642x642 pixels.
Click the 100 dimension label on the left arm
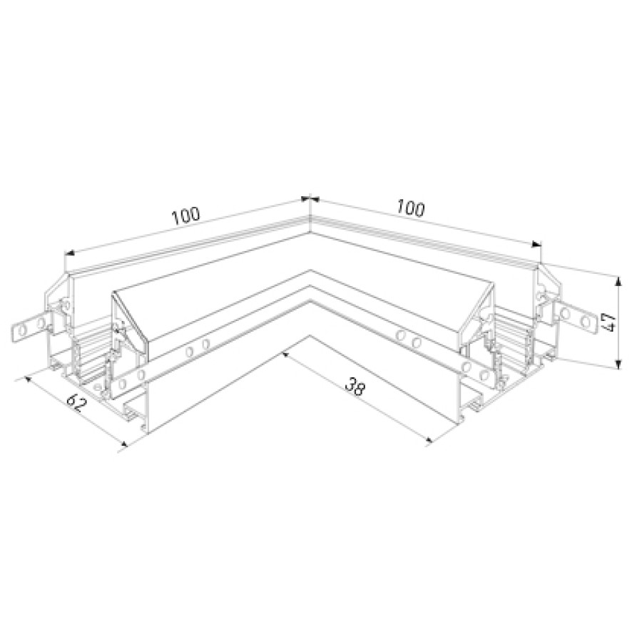pos(186,215)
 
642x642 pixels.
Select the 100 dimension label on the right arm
pos(410,209)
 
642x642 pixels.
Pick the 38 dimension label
pos(355,387)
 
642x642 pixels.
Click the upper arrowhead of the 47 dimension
pos(618,281)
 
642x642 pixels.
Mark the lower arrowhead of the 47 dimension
pos(619,364)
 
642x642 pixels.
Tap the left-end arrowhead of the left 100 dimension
pos(70,253)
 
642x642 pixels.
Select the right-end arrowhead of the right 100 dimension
pos(536,245)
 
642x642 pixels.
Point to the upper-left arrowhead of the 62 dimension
pos(29,379)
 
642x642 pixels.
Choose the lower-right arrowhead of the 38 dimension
pos(428,440)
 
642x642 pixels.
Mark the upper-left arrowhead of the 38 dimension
pos(285,354)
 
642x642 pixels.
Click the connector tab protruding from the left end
pos(31,325)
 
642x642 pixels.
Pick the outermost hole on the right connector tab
pos(586,320)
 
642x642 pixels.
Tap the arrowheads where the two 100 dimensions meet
pos(310,199)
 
